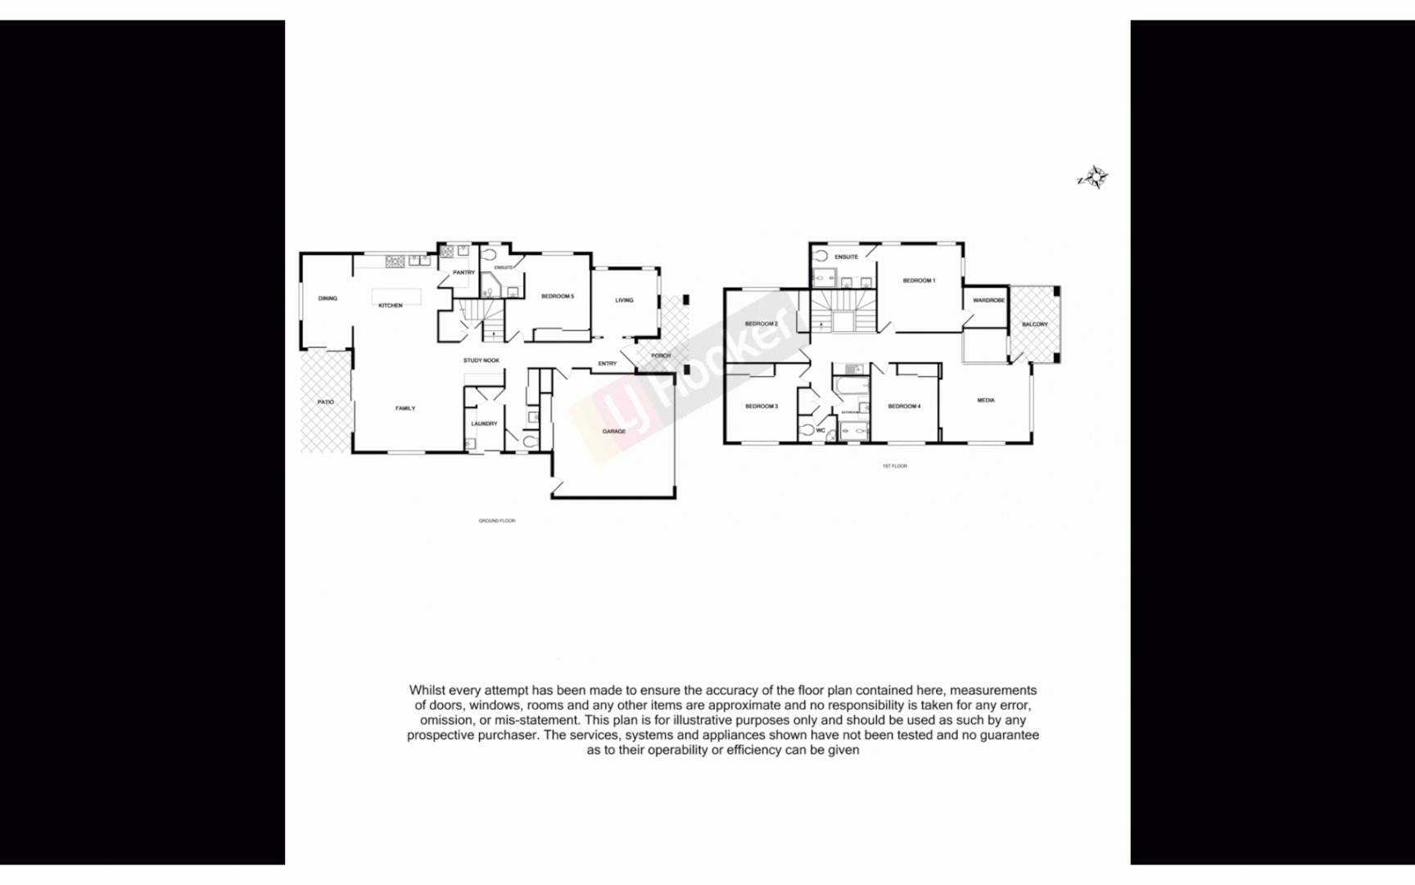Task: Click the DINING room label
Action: pos(328,298)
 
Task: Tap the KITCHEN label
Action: pos(391,306)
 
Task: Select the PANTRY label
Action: pos(463,273)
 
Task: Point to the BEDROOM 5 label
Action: pos(558,297)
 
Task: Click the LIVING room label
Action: pos(624,300)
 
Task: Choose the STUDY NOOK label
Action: pos(481,361)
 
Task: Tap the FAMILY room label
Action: pos(405,408)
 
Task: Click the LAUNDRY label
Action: pos(484,424)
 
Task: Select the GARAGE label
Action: pos(614,431)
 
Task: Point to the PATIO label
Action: pos(326,402)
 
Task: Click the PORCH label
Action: pos(661,356)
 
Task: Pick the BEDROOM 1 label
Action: pos(919,280)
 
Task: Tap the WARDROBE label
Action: pos(988,301)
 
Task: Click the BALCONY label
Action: pos(1035,324)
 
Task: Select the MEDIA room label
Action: pos(986,401)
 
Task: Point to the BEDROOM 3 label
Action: pos(762,406)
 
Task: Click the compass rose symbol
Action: pos(1093,177)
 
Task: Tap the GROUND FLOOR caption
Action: pos(497,521)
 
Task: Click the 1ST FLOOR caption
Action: pos(894,466)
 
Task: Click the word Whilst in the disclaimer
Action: pos(427,691)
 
